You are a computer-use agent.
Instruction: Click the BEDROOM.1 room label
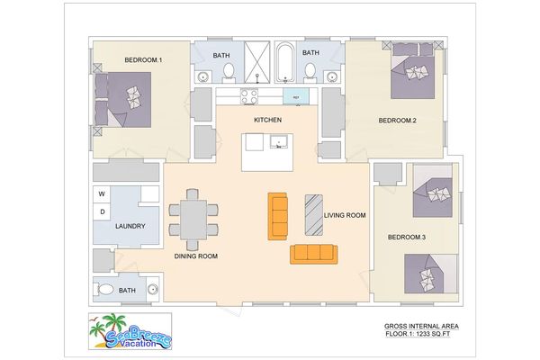[x=142, y=60]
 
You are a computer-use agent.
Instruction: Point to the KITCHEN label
[x=268, y=121]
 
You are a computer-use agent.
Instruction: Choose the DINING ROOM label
[x=196, y=256]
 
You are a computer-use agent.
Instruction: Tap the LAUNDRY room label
[x=130, y=228]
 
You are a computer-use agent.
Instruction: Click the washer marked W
[x=102, y=194]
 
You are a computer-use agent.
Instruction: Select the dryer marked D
[x=102, y=212]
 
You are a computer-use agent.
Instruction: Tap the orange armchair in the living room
[x=278, y=216]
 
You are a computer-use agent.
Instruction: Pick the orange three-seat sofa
[x=313, y=254]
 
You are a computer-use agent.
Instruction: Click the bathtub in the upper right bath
[x=285, y=62]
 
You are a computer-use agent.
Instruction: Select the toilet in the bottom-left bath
[x=106, y=290]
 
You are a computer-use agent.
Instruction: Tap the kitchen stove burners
[x=248, y=94]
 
